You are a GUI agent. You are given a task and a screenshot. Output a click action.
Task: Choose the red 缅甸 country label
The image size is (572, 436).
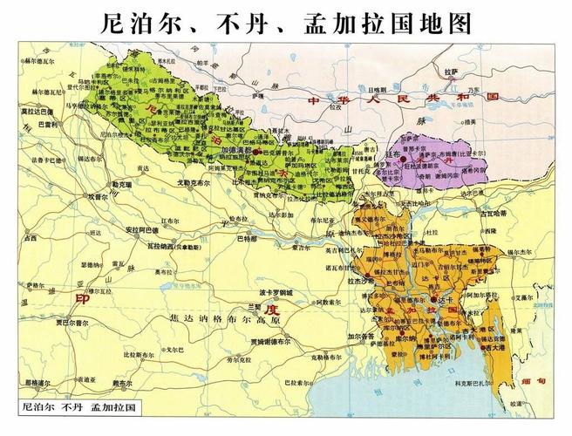tap(541, 382)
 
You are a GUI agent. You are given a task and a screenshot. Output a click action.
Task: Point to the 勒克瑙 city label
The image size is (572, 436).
tap(99, 186)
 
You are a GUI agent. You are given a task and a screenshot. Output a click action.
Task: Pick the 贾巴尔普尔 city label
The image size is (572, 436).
tap(45, 322)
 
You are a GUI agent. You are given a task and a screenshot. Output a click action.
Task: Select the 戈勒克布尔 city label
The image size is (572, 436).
tap(194, 185)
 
